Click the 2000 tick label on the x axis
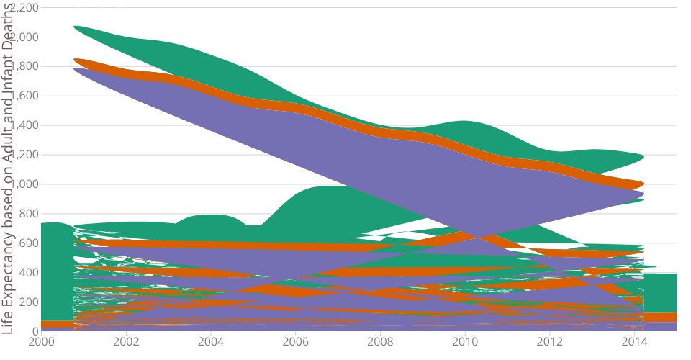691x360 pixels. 42,341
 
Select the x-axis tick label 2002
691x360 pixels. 126,341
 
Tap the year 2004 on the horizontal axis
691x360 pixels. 211,341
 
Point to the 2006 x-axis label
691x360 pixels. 295,341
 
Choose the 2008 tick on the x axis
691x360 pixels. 380,341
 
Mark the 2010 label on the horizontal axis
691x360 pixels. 464,341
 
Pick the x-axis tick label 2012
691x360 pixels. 549,341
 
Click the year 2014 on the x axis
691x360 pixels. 633,341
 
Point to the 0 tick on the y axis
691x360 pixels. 35,331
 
